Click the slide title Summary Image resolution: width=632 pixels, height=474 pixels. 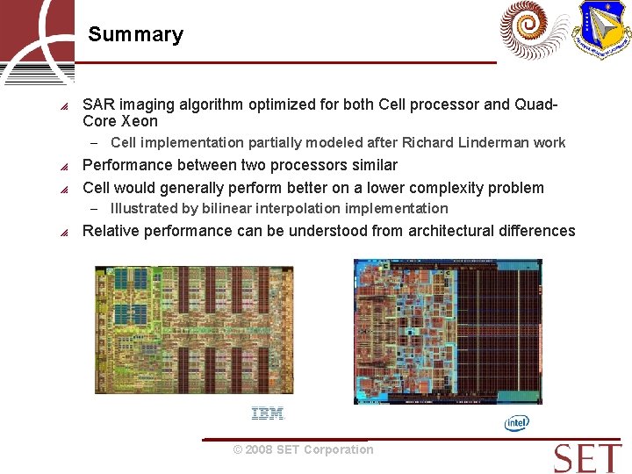[135, 35]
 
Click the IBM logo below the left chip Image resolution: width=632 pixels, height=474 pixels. [268, 413]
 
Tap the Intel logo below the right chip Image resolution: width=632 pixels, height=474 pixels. [517, 424]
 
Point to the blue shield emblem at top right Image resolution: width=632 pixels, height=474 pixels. [602, 30]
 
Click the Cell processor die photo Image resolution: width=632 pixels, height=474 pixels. [194, 330]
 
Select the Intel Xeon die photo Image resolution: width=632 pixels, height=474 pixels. [447, 331]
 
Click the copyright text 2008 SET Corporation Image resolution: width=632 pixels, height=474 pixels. [303, 449]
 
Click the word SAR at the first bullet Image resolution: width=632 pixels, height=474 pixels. [97, 104]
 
